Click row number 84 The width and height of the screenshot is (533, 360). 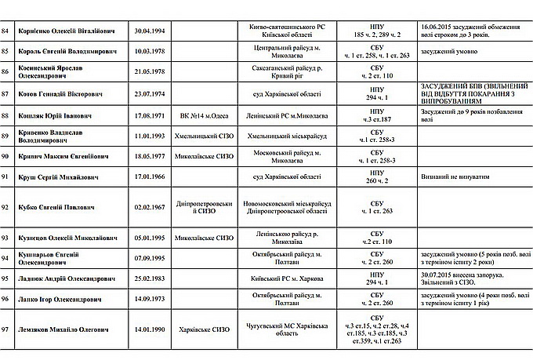8,31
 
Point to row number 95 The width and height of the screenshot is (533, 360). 8,278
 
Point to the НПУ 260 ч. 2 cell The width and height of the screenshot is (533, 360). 376,176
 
